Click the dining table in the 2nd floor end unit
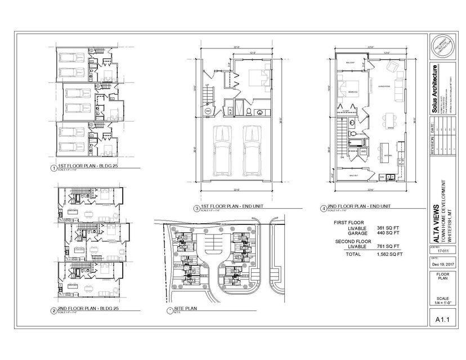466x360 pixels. pyautogui.click(x=388, y=120)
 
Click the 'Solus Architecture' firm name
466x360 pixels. pyautogui.click(x=435, y=89)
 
